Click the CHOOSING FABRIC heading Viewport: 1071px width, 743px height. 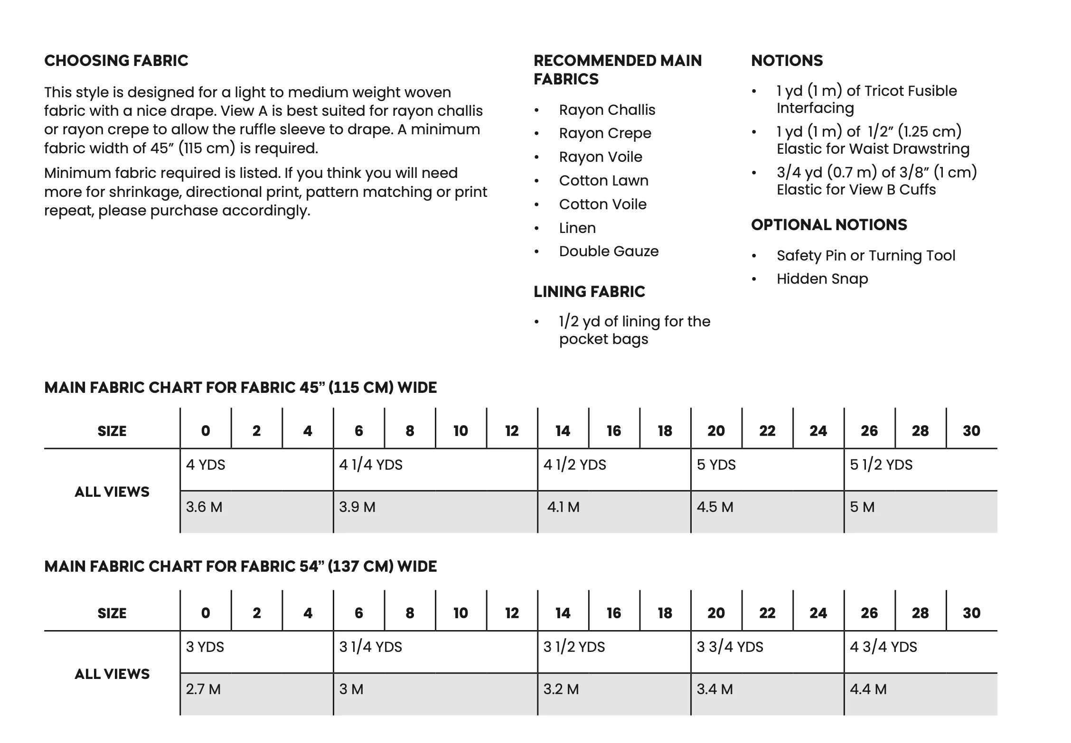[x=116, y=61]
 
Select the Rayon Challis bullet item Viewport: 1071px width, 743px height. [x=607, y=110]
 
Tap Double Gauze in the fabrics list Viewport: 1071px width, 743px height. [x=609, y=251]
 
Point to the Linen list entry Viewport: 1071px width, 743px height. [x=577, y=228]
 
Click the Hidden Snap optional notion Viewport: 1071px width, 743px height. [x=822, y=279]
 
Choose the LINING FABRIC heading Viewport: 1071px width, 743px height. [x=589, y=292]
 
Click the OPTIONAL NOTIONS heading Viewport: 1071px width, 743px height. [x=828, y=225]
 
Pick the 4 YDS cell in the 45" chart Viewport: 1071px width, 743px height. [x=206, y=465]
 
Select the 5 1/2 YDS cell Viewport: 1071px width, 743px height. [x=881, y=465]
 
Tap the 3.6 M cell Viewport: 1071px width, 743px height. [x=204, y=507]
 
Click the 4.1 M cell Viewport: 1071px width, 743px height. [x=563, y=507]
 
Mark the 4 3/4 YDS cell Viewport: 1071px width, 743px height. [x=883, y=647]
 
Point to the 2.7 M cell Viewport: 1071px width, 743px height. [x=203, y=689]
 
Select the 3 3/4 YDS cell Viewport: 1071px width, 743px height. [x=730, y=647]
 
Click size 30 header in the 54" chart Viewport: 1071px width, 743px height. [x=971, y=613]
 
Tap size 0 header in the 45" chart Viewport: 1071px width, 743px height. [x=206, y=431]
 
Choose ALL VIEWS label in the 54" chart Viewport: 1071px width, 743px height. [x=112, y=674]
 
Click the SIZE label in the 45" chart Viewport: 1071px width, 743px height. [x=112, y=431]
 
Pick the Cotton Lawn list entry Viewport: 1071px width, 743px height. [x=603, y=181]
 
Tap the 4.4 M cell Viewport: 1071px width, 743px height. [x=868, y=689]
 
